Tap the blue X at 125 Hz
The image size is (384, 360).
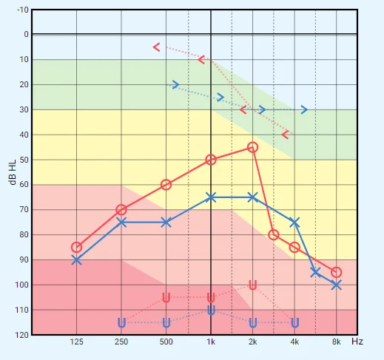pyautogui.click(x=76, y=260)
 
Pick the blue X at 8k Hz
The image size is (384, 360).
pyautogui.click(x=337, y=285)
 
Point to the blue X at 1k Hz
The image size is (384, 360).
pyautogui.click(x=211, y=197)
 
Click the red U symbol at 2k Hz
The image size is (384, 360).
pyautogui.click(x=252, y=285)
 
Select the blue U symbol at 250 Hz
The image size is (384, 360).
pyautogui.click(x=121, y=323)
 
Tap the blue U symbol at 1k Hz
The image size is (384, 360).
pyautogui.click(x=211, y=310)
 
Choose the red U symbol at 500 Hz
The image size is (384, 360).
pyautogui.click(x=166, y=298)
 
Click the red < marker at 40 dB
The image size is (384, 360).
pyautogui.click(x=285, y=135)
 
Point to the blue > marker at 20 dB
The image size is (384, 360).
pyautogui.click(x=175, y=84)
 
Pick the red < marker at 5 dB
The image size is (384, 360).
pyautogui.click(x=156, y=47)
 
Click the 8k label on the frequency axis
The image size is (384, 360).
pyautogui.click(x=336, y=342)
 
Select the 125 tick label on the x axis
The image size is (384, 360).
pyautogui.click(x=76, y=342)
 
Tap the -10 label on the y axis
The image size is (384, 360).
pyautogui.click(x=23, y=10)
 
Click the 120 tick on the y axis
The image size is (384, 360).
pyautogui.click(x=22, y=335)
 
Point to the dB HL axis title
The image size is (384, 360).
pyautogui.click(x=12, y=172)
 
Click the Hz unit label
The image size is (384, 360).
pyautogui.click(x=357, y=342)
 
